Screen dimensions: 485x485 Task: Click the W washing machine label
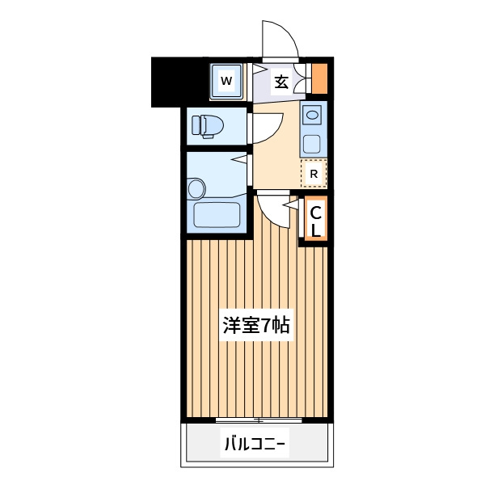tap(226, 81)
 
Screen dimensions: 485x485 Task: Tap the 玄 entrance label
tap(281, 82)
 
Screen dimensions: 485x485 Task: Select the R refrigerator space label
tap(314, 174)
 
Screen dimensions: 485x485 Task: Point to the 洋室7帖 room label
tap(256, 326)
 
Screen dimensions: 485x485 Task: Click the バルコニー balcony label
tap(255, 444)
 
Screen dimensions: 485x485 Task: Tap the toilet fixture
tap(207, 126)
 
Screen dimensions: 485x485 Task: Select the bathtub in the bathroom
tap(217, 215)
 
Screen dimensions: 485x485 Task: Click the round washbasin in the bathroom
tap(196, 188)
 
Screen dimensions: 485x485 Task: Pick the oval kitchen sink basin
tap(312, 116)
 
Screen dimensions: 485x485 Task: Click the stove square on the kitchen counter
tap(311, 144)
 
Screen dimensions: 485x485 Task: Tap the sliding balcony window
tap(259, 420)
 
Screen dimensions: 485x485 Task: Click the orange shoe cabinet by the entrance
tap(319, 78)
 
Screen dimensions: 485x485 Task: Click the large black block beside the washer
tap(179, 82)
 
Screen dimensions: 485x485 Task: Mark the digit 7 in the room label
tap(266, 326)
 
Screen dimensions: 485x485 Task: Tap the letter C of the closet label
tap(315, 213)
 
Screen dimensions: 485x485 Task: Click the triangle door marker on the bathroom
tap(240, 158)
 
